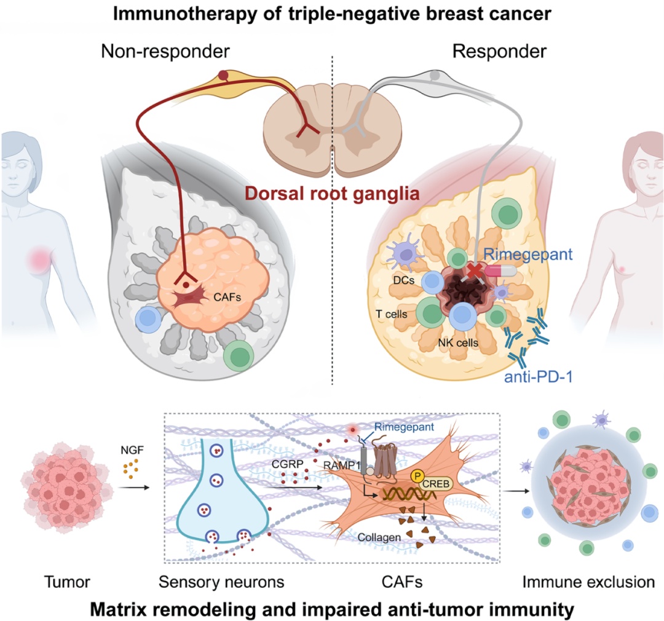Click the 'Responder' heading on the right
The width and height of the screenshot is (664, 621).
click(x=499, y=52)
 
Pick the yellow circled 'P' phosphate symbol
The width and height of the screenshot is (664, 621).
click(x=419, y=475)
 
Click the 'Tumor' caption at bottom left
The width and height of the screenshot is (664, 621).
click(x=60, y=581)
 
